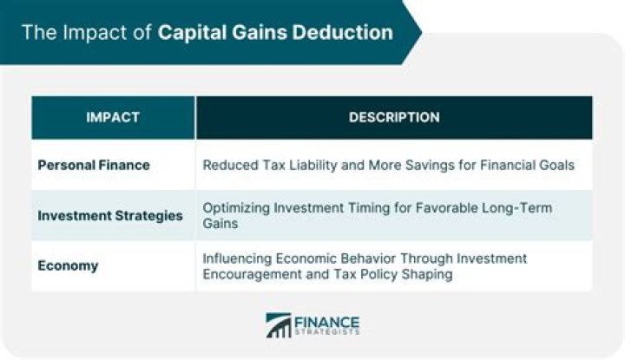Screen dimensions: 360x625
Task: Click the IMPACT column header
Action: [113, 117]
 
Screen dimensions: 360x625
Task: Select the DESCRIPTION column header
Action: [394, 117]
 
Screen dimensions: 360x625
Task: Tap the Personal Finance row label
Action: [93, 165]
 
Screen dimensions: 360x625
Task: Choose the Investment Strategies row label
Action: [110, 215]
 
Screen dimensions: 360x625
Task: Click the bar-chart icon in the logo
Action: [278, 325]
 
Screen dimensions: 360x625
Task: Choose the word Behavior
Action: [369, 259]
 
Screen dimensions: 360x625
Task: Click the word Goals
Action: [556, 165]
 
